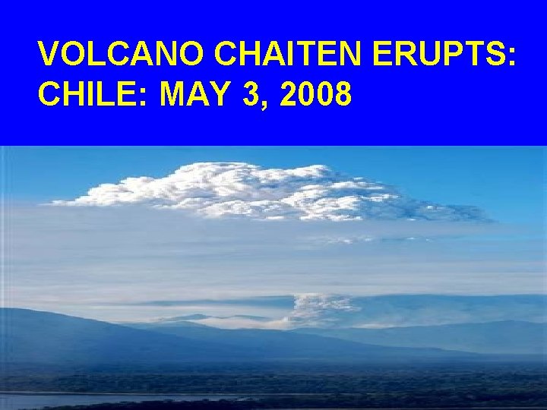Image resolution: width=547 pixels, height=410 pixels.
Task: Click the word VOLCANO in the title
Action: point(122,55)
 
